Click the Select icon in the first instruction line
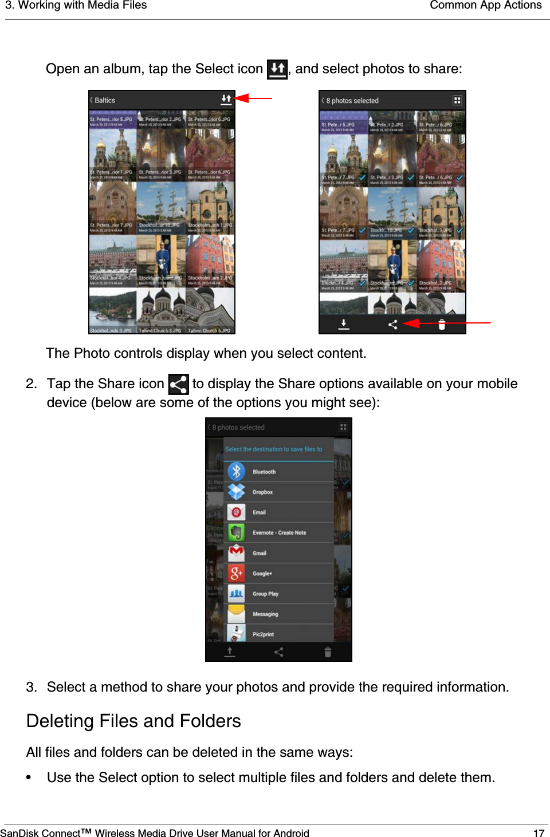coord(277,69)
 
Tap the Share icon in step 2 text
coord(178,384)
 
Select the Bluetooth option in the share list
coord(264,472)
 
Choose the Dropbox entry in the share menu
coord(262,492)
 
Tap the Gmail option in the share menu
coord(259,553)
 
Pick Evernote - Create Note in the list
coord(279,532)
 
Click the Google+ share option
coord(262,573)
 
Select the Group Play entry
coord(265,594)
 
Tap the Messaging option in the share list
coord(265,614)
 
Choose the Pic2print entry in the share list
coord(263,634)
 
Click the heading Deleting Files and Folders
coord(133,721)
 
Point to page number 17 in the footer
coord(539,833)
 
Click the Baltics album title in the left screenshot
coord(104,100)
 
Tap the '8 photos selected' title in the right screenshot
coord(352,101)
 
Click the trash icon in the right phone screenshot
coord(442,325)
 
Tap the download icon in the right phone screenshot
coord(343,325)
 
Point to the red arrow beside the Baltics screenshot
coord(253,98)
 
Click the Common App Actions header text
coord(485,6)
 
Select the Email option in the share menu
coord(259,512)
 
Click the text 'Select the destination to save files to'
coord(273,449)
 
